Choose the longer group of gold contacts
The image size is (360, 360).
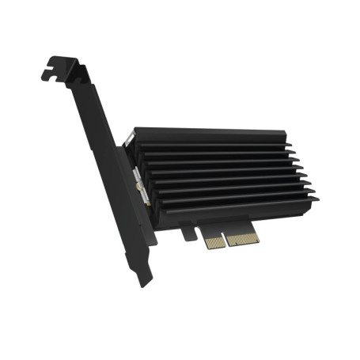[241, 237]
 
